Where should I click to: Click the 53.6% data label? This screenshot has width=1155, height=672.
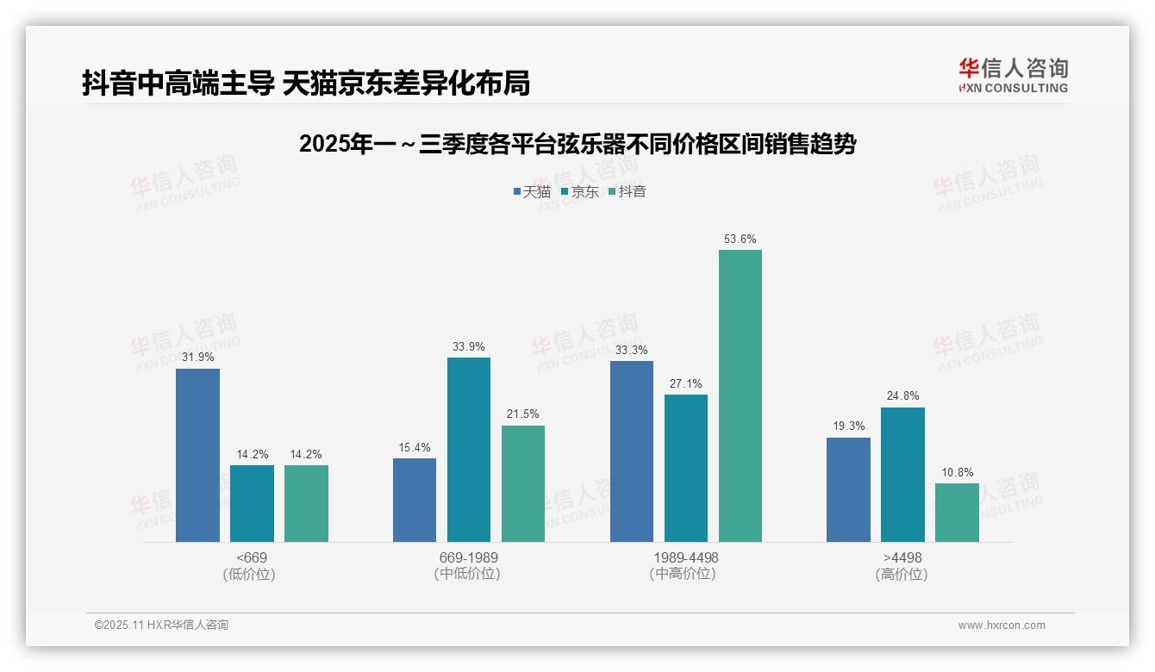(740, 239)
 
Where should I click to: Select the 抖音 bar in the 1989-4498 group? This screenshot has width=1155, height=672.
(740, 395)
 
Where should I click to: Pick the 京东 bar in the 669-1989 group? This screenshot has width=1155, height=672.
(468, 450)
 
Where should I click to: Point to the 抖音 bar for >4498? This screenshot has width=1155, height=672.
(957, 513)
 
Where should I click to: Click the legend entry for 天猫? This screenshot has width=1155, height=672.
(532, 191)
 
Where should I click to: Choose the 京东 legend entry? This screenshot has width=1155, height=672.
(580, 191)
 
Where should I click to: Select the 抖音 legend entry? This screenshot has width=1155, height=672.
(627, 191)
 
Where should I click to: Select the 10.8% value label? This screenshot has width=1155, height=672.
(957, 472)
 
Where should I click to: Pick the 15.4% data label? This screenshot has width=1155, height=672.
(414, 447)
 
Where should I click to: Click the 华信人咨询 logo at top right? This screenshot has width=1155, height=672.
(1013, 75)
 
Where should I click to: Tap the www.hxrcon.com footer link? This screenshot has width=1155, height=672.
(1002, 625)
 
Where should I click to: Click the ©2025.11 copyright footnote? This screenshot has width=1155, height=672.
(161, 625)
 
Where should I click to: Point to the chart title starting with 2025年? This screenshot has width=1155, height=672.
(577, 144)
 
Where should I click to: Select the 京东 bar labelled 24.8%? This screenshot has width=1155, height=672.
(902, 475)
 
